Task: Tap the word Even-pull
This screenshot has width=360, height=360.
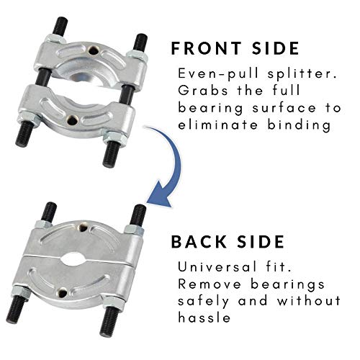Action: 208,74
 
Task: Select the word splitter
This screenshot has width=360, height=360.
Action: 276,74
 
